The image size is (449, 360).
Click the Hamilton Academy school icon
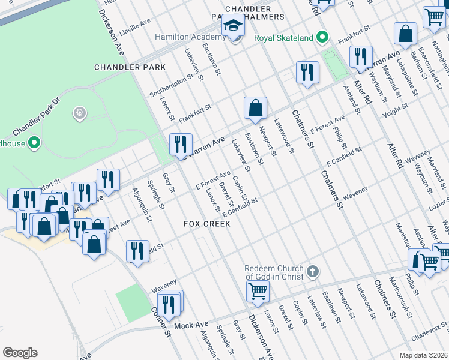click(233, 26)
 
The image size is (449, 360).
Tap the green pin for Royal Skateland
click(322, 38)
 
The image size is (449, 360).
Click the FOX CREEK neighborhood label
click(207, 223)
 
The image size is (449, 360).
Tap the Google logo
click(20, 353)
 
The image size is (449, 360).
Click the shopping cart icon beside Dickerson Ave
click(258, 292)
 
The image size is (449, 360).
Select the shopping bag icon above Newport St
click(256, 109)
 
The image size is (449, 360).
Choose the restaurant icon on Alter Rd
click(360, 57)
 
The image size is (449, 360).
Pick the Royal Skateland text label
click(283, 38)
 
